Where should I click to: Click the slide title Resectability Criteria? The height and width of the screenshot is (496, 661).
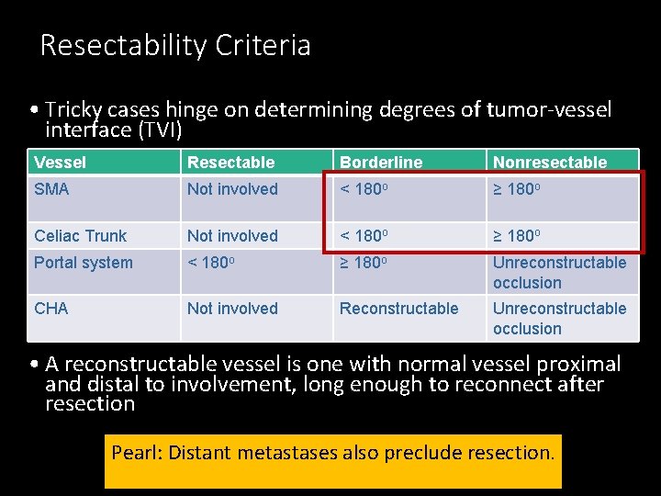[175, 45]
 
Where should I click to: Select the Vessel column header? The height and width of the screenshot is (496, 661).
[60, 163]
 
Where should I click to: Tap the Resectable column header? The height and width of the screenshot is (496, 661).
[230, 163]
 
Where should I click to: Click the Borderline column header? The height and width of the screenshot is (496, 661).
[381, 163]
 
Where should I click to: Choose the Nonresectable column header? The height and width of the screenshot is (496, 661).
[550, 163]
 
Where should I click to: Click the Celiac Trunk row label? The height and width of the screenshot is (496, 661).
[80, 236]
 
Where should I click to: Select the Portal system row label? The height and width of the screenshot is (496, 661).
[84, 263]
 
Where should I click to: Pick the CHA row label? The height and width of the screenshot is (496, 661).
[51, 309]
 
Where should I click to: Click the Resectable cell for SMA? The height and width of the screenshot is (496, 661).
[232, 189]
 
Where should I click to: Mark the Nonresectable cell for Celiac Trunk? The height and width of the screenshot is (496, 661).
[522, 236]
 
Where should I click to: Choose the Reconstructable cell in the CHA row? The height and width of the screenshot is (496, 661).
[398, 309]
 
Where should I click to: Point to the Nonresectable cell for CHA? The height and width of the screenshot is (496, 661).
[559, 319]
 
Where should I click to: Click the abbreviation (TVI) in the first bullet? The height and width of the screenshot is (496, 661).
[160, 130]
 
